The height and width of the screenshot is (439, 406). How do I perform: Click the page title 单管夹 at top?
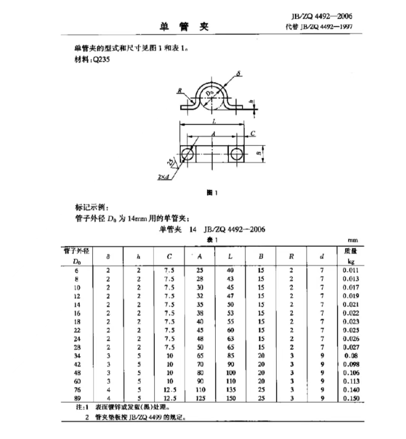(x=183, y=27)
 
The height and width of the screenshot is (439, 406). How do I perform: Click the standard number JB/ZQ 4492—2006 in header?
(x=322, y=16)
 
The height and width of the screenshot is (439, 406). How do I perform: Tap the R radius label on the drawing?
(x=180, y=91)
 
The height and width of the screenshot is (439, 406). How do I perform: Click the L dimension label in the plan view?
(x=214, y=121)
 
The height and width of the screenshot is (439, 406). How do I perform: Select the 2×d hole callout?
(x=164, y=177)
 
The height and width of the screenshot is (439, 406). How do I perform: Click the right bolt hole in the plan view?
(x=237, y=154)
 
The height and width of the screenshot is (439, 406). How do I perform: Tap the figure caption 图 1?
(x=212, y=193)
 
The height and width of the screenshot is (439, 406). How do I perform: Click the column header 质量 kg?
(x=350, y=256)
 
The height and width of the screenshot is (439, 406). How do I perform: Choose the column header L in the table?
(x=230, y=256)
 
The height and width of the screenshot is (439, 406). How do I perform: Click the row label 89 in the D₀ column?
(x=77, y=398)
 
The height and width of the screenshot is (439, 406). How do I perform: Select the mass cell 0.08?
(x=350, y=356)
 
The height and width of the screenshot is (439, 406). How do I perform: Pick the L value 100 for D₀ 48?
(x=230, y=373)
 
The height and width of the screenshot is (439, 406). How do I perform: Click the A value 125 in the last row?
(x=200, y=398)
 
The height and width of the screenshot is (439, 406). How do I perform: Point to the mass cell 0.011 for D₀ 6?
(x=350, y=270)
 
